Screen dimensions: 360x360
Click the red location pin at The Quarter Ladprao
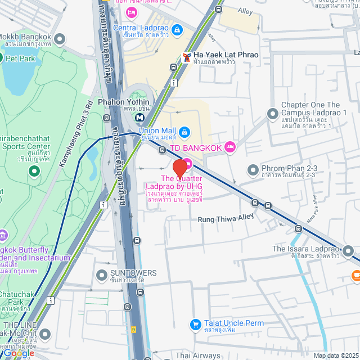179,168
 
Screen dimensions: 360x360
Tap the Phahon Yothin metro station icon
138,117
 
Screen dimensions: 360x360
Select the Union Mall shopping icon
184,132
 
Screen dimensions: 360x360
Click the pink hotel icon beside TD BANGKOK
229,147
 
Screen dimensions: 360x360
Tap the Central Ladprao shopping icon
177,29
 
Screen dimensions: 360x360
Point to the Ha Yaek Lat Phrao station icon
186,57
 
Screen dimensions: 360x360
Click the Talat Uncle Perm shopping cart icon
195,325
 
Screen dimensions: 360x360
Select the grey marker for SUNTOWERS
101,275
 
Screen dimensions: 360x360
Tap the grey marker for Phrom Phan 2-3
251,169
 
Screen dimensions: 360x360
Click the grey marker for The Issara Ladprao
349,250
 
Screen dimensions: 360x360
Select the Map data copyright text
335,355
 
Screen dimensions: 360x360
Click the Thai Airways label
197,355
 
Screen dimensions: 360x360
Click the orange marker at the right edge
355,275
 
